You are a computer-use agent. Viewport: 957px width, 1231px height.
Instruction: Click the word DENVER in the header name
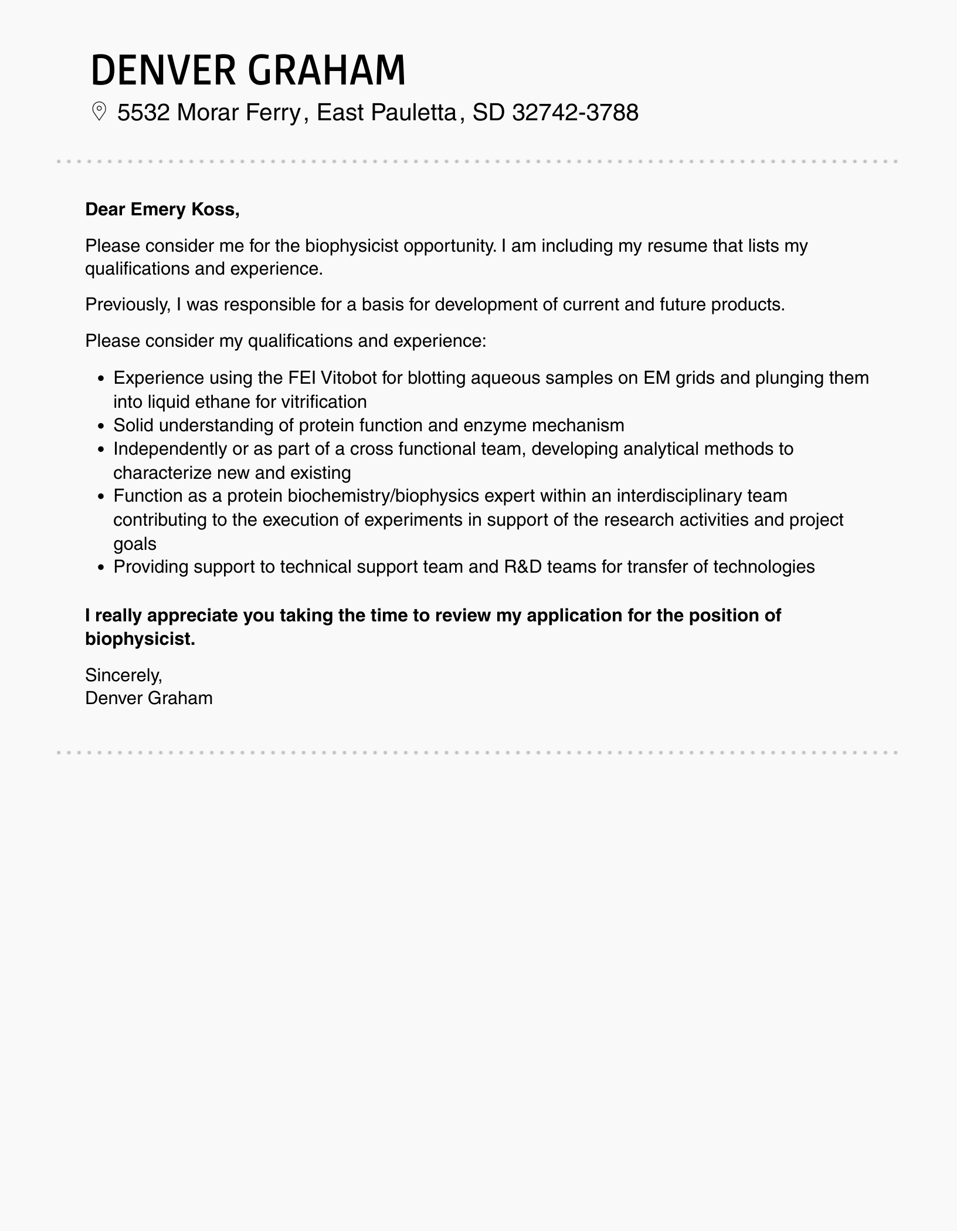pos(163,70)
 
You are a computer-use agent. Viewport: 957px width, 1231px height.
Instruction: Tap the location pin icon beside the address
pos(99,111)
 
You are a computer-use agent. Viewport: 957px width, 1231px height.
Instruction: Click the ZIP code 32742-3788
pos(575,112)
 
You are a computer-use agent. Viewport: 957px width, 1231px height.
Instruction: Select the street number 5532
pos(143,112)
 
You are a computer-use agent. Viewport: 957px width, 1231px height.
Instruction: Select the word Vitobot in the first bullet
pos(349,377)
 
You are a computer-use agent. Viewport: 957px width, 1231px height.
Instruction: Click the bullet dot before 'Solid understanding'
pos(101,426)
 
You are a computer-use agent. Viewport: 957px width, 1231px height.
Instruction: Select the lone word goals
pos(135,544)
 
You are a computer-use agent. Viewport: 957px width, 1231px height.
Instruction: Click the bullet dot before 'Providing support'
pos(101,568)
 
